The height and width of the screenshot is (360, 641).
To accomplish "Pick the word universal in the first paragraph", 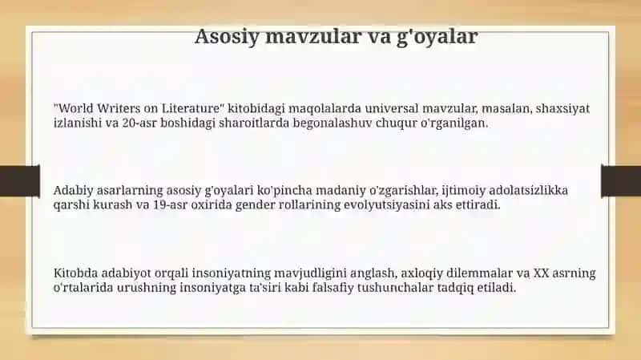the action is point(392,108).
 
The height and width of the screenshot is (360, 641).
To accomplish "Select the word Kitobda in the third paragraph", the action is point(75,273).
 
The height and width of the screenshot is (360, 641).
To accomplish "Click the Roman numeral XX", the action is point(541,273).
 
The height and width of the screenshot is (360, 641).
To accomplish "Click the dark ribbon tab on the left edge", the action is point(20,181).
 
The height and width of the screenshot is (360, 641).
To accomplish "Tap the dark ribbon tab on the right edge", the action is point(621,181).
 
